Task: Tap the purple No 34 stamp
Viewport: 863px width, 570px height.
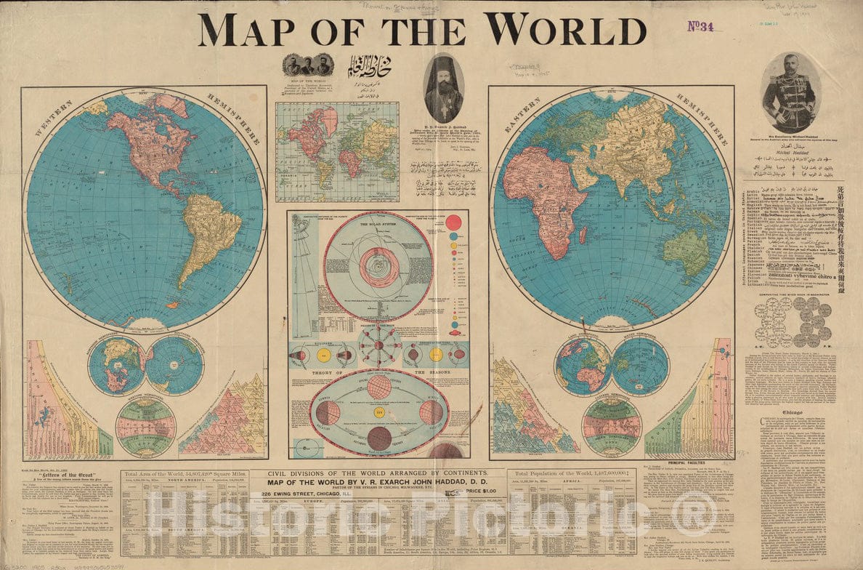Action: (700, 26)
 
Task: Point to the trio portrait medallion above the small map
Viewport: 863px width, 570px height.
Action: (308, 65)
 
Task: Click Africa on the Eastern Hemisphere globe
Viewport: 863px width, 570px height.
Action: (545, 196)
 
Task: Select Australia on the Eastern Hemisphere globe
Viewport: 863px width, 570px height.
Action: (686, 251)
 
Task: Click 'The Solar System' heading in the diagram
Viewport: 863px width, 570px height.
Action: (378, 225)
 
